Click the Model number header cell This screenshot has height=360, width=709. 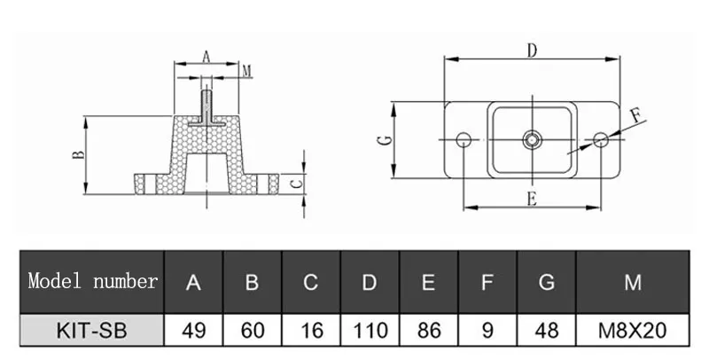point(92,282)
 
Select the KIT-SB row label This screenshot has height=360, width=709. point(92,332)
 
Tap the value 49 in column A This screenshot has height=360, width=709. point(193,332)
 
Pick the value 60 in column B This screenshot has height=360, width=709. point(252,332)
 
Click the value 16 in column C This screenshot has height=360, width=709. point(310,332)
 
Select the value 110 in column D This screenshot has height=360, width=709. point(370,332)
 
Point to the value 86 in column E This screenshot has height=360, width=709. point(428,332)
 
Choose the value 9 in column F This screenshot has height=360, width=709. point(487,332)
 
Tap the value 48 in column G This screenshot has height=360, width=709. point(546,332)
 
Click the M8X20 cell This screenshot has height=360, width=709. point(632,332)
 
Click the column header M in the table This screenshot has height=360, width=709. point(632,283)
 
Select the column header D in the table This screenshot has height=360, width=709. point(370,283)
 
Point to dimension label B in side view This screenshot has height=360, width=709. point(79,154)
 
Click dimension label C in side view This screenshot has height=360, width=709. point(298,184)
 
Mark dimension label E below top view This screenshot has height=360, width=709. point(531,199)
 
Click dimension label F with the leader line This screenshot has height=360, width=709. point(635,114)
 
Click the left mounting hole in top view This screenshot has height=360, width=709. point(463,138)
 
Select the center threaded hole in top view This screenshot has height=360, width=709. point(532,138)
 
